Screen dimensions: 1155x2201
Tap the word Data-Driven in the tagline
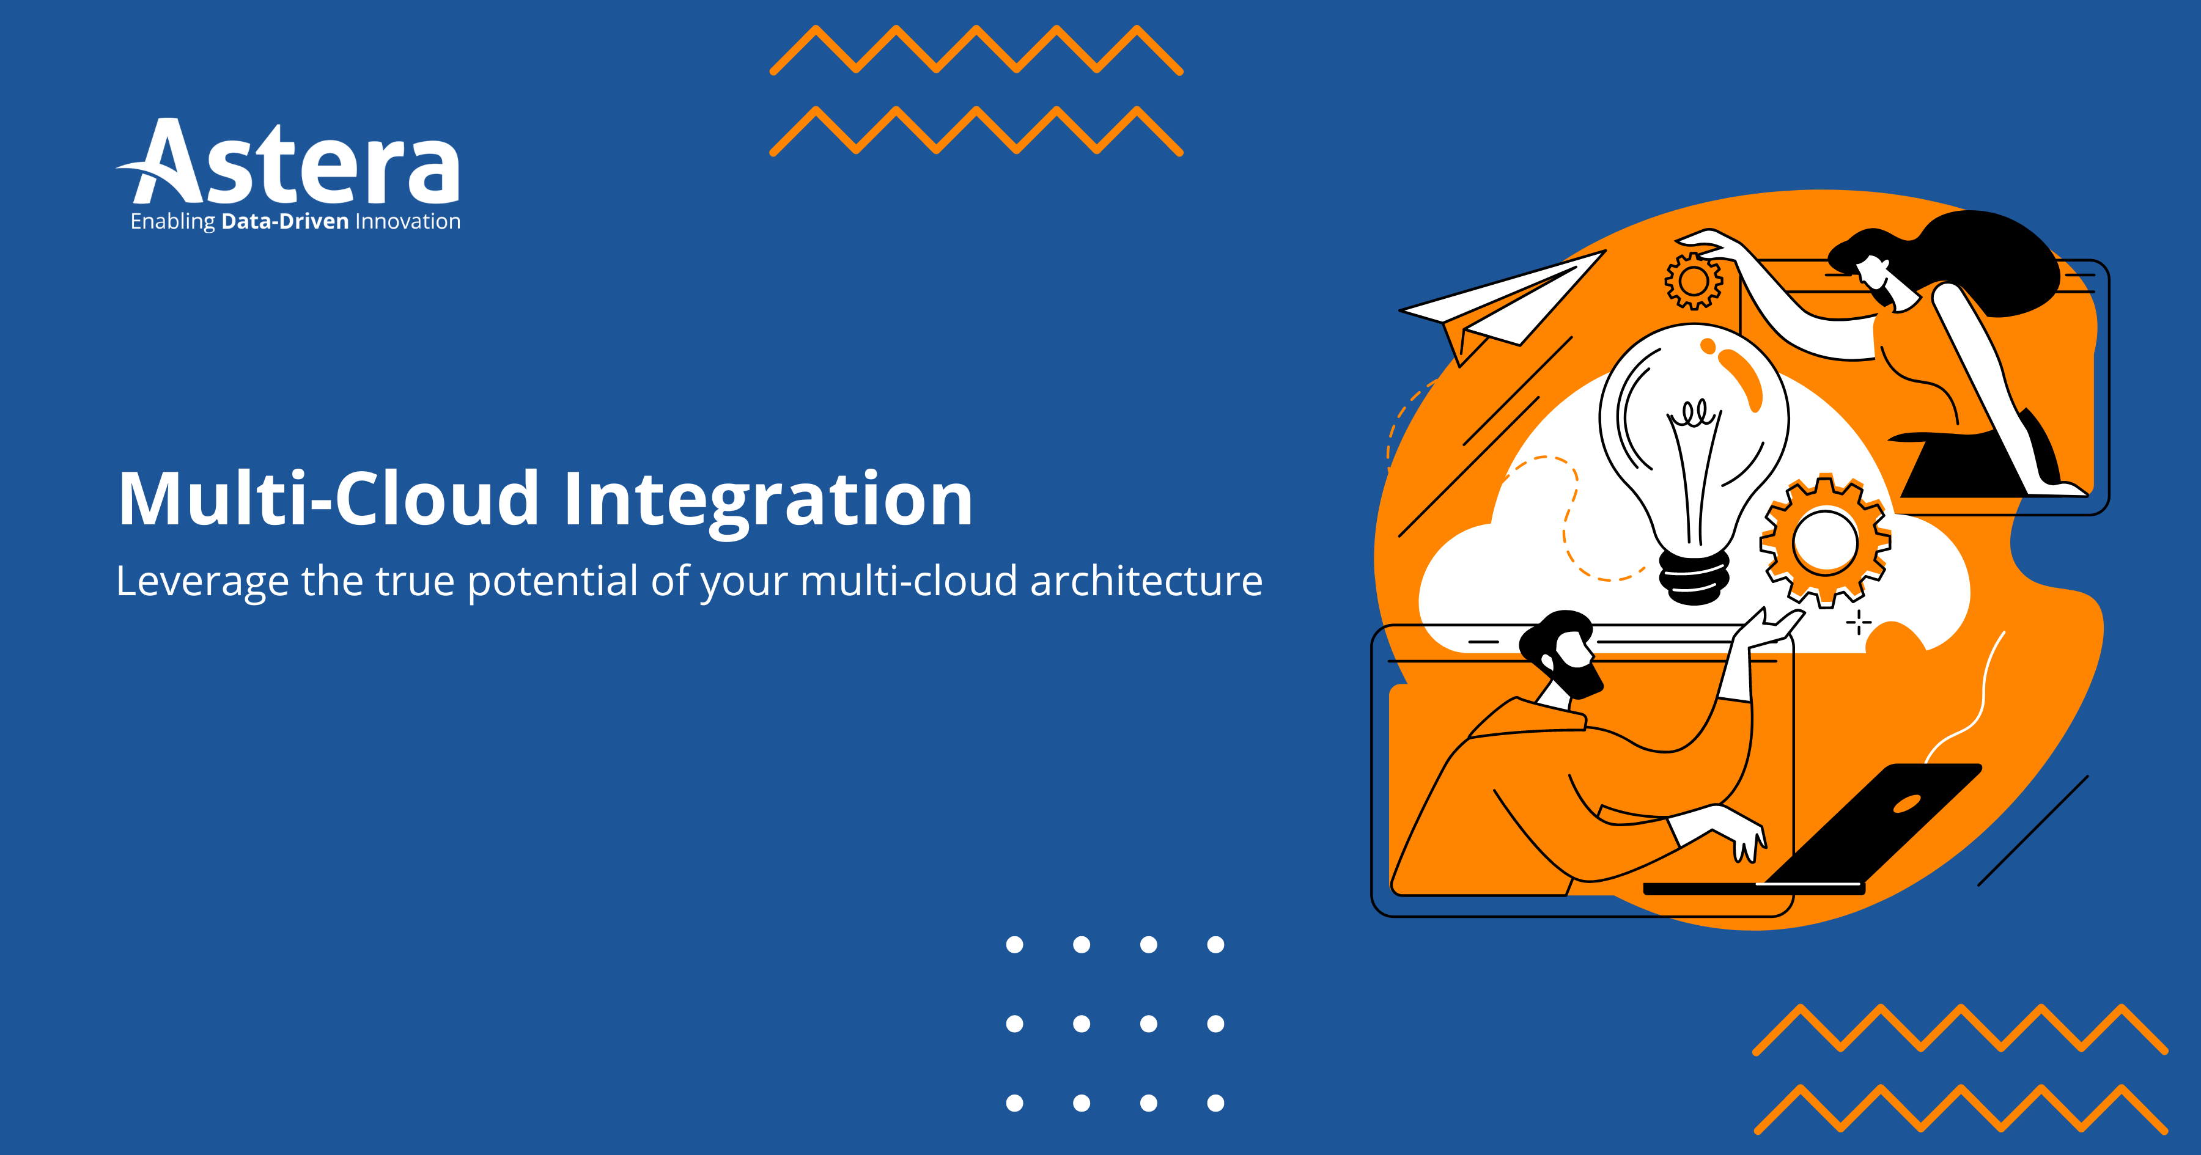(284, 222)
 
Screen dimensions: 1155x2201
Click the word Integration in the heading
(768, 500)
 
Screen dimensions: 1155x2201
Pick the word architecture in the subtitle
(1146, 582)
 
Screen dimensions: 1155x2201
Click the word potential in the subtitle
(553, 582)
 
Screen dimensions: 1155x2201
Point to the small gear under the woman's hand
(1694, 280)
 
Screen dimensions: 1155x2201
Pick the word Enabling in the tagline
(172, 222)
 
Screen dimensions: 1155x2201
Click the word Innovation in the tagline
(408, 222)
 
